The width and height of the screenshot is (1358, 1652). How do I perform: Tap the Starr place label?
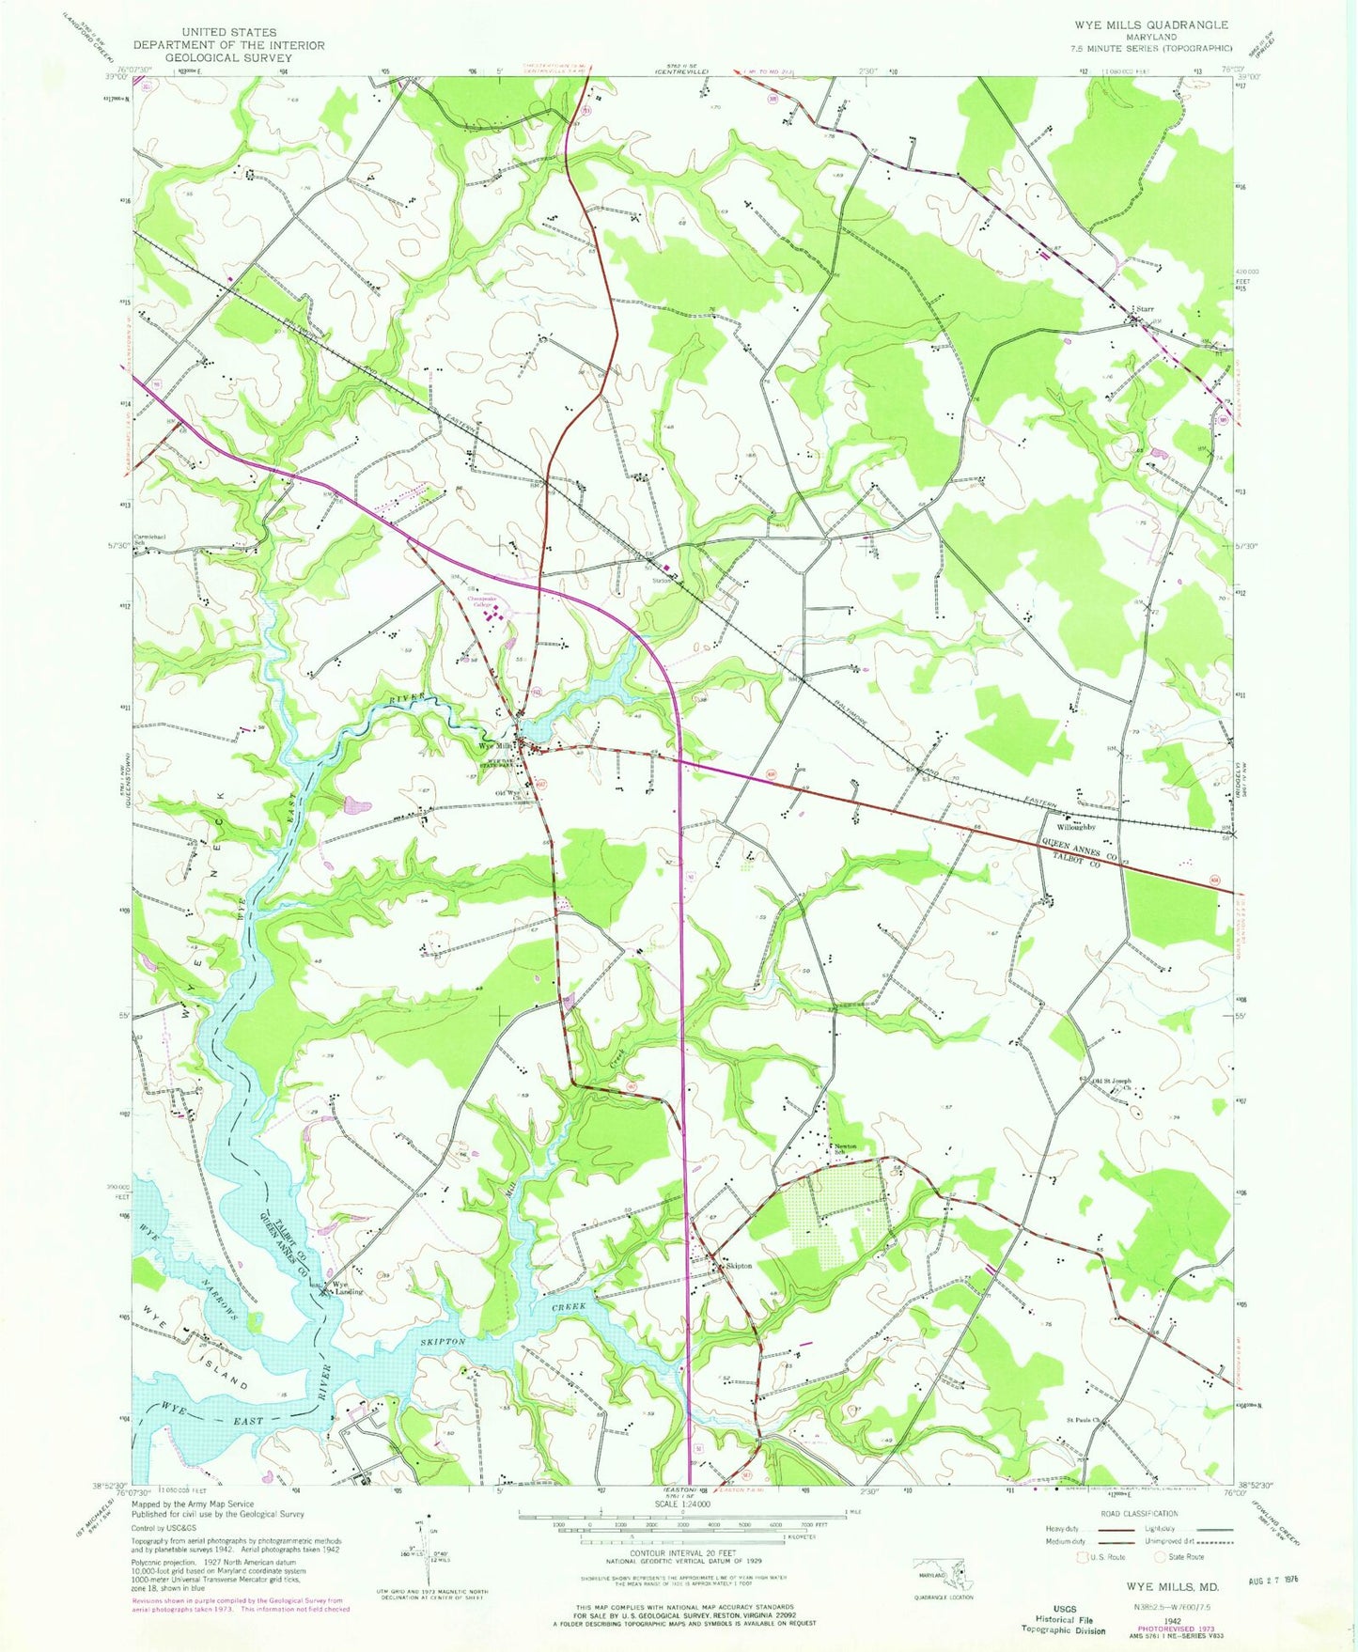click(x=1146, y=308)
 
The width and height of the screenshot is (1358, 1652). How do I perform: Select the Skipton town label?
click(x=739, y=1266)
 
